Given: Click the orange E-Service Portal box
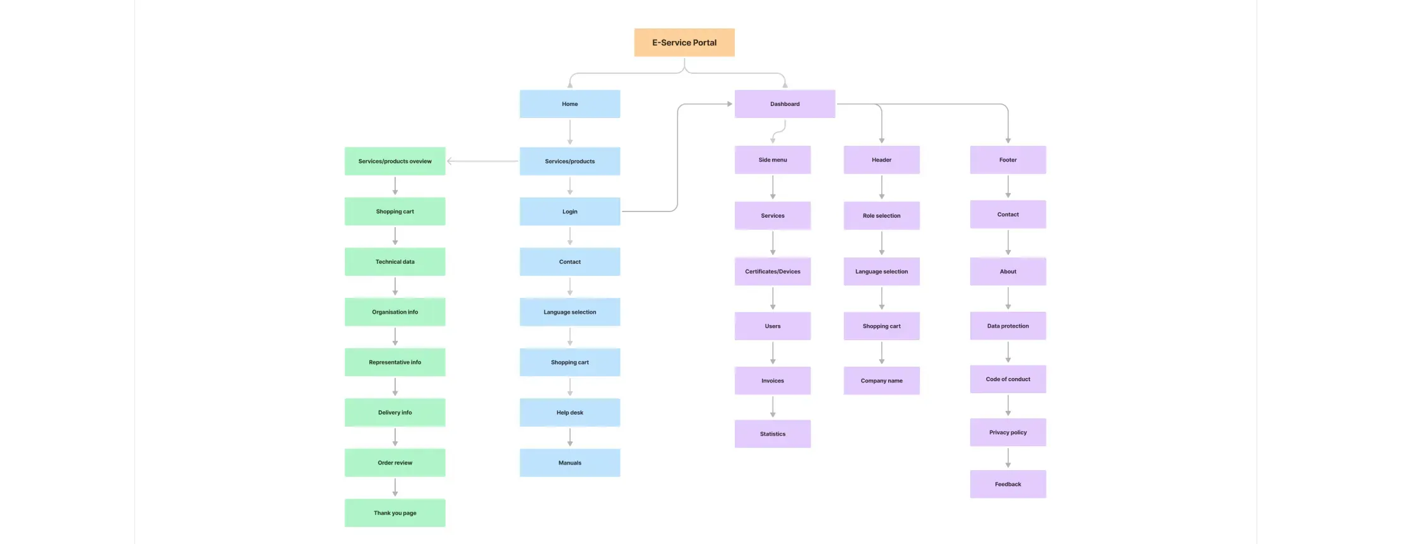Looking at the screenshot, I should point(684,42).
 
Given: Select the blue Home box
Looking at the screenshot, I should point(569,104).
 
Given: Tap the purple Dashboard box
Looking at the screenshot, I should point(785,104).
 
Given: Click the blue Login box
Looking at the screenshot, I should point(569,211).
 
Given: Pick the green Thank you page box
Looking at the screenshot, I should point(395,513).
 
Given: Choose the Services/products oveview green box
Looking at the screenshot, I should point(395,161).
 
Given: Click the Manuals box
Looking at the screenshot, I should point(569,463).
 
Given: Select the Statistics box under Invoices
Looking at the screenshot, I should point(772,434).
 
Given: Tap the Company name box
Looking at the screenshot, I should point(881,381).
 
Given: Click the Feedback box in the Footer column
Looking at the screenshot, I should point(1008,484).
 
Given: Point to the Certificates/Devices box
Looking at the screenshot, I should point(772,271).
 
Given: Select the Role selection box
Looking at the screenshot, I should point(881,215).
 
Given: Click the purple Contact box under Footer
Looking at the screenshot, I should point(1008,215).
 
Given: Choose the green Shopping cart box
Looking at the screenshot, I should point(395,211).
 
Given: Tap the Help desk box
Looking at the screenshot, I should point(569,412).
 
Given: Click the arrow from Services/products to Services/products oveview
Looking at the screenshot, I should point(482,162).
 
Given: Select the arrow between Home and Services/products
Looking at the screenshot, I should point(570,132).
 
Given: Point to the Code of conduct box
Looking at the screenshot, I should point(1008,379).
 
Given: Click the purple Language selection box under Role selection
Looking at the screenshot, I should point(881,271).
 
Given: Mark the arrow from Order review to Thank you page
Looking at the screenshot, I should point(395,487).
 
